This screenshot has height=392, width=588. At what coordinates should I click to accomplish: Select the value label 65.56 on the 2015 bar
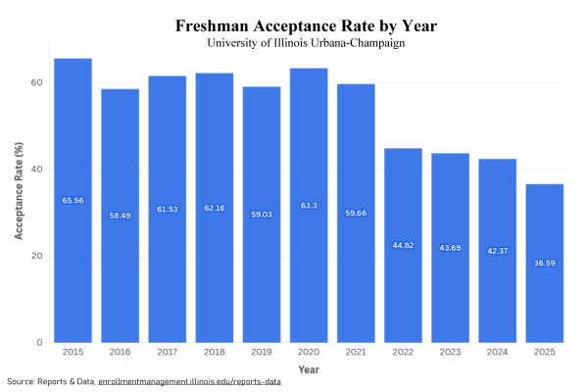point(73,201)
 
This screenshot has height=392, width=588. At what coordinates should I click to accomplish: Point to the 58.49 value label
point(120,216)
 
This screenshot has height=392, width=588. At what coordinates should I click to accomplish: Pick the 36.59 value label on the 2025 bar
point(544,264)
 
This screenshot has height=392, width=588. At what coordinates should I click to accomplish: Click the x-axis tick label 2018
point(214,351)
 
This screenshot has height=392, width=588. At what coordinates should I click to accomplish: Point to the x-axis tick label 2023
point(450,351)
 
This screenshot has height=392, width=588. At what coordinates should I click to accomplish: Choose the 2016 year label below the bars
point(120,351)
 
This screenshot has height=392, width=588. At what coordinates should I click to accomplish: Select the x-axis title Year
point(308,368)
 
